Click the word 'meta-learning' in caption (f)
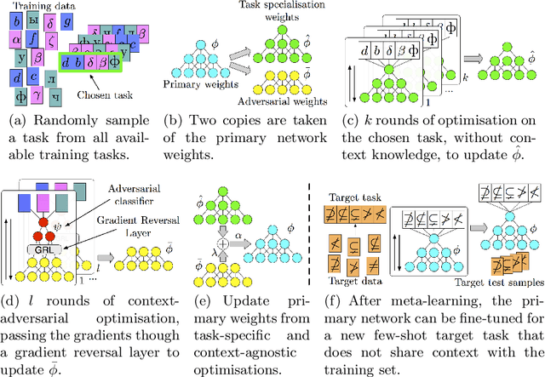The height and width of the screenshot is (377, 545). [443, 309]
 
